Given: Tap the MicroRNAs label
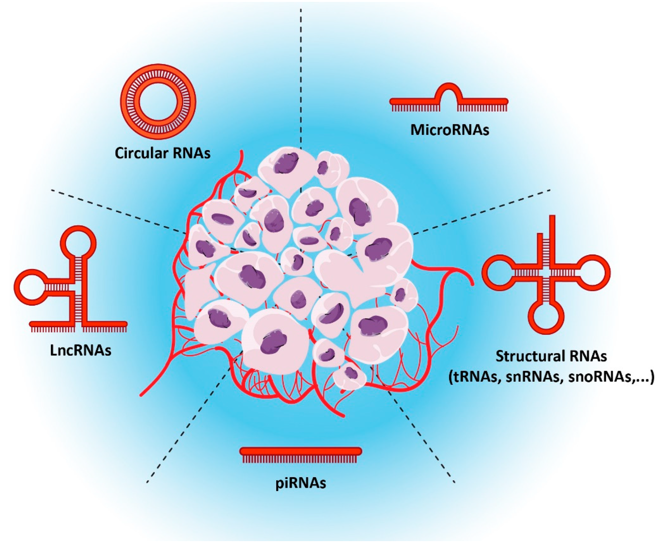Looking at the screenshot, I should [x=449, y=130].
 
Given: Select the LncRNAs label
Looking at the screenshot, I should [x=81, y=350].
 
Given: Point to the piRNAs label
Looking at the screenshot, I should [x=301, y=483].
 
